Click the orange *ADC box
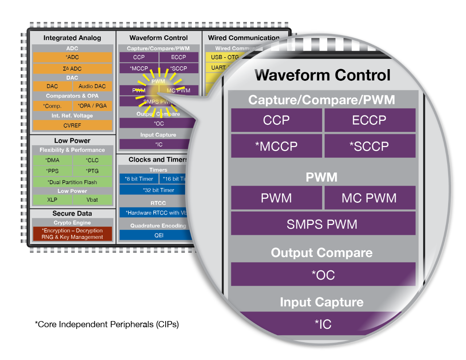pyautogui.click(x=72, y=57)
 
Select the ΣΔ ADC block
pyautogui.click(x=72, y=69)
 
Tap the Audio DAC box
pyautogui.click(x=92, y=86)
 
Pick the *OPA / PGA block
pyautogui.click(x=92, y=106)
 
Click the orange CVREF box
pyautogui.click(x=72, y=126)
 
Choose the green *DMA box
pyautogui.click(x=52, y=160)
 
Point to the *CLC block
pyautogui.click(x=92, y=160)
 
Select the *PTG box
pyautogui.click(x=92, y=171)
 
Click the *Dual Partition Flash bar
pyautogui.click(x=72, y=182)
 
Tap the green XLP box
pyautogui.click(x=52, y=200)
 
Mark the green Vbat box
pyautogui.click(x=92, y=200)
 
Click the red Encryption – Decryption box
pyautogui.click(x=72, y=234)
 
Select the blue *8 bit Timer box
pyautogui.click(x=139, y=179)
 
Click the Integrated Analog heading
pyautogui.click(x=72, y=38)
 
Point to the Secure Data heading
pyautogui.click(x=72, y=213)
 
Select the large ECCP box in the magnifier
pyautogui.click(x=370, y=120)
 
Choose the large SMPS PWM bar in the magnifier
pyautogui.click(x=323, y=224)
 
